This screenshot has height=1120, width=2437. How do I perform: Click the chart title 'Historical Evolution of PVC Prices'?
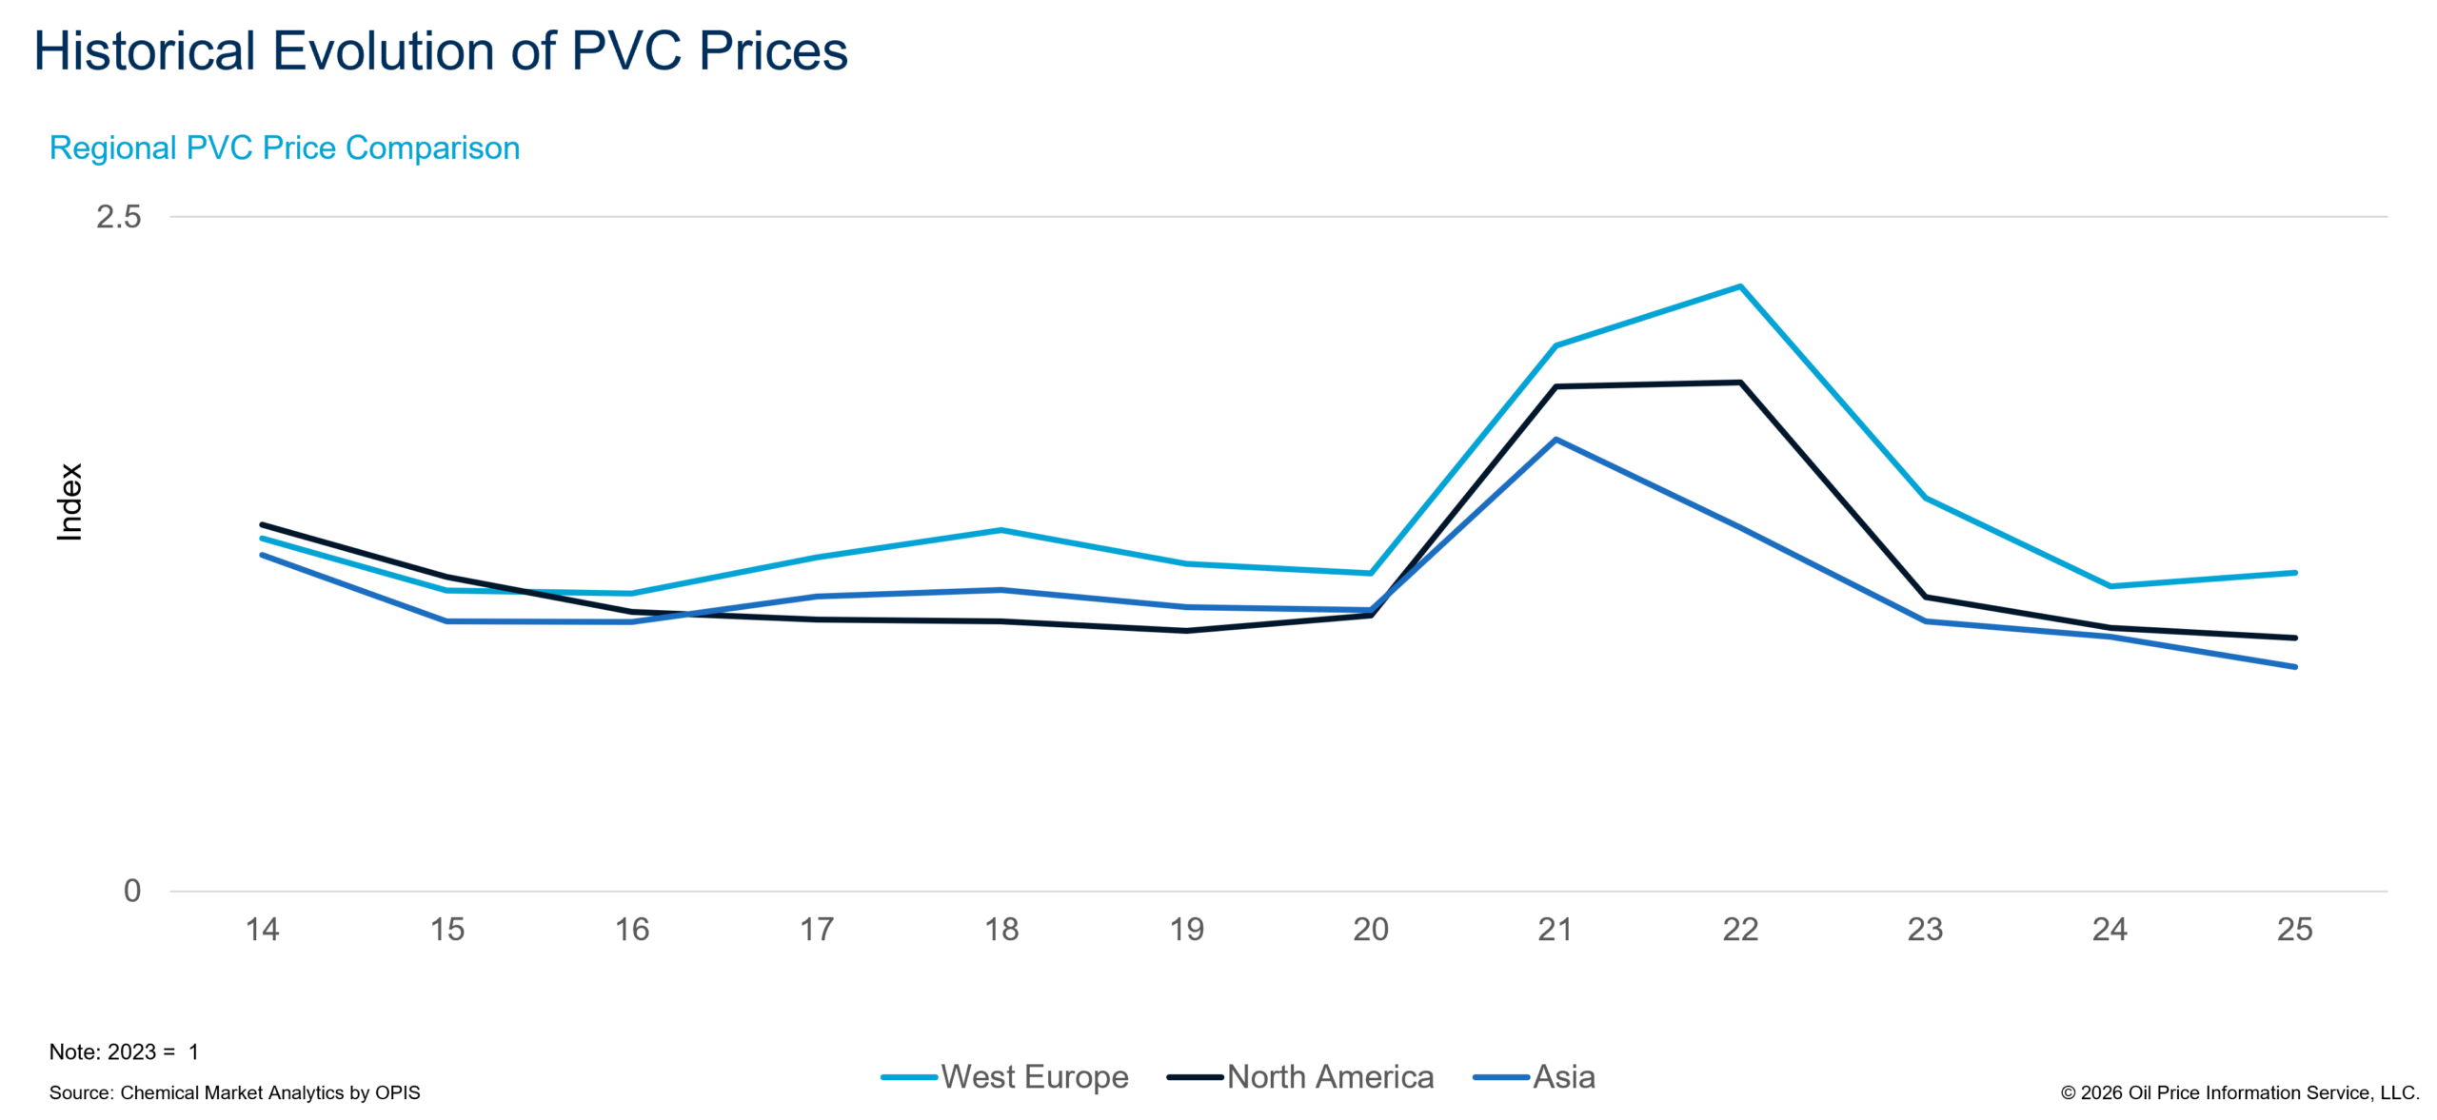pyautogui.click(x=441, y=51)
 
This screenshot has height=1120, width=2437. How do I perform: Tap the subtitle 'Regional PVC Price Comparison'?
pyautogui.click(x=285, y=148)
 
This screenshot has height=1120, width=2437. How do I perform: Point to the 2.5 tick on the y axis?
pyautogui.click(x=118, y=217)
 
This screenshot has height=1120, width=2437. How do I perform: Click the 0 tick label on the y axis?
pyautogui.click(x=132, y=892)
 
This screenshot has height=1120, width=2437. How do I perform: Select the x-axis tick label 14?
pyautogui.click(x=263, y=930)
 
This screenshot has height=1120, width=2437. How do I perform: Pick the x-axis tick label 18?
pyautogui.click(x=1001, y=930)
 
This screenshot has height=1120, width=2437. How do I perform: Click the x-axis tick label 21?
pyautogui.click(x=1555, y=930)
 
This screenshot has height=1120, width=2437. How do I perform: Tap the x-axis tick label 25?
pyautogui.click(x=2294, y=930)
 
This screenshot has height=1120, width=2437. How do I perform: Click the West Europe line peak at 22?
pyautogui.click(x=1740, y=285)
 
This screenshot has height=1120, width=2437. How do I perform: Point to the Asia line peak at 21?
pyautogui.click(x=1555, y=440)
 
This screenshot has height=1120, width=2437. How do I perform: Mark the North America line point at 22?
pyautogui.click(x=1740, y=383)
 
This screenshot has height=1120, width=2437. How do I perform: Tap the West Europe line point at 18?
pyautogui.click(x=1001, y=530)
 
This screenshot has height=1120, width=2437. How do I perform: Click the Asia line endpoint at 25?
pyautogui.click(x=2294, y=667)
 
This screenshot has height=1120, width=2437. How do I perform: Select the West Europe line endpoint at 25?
pyautogui.click(x=2294, y=573)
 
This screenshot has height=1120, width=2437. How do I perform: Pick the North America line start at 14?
pyautogui.click(x=264, y=524)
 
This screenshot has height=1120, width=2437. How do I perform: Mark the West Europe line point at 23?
pyautogui.click(x=1925, y=498)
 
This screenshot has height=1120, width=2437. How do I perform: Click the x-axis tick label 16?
pyautogui.click(x=632, y=930)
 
